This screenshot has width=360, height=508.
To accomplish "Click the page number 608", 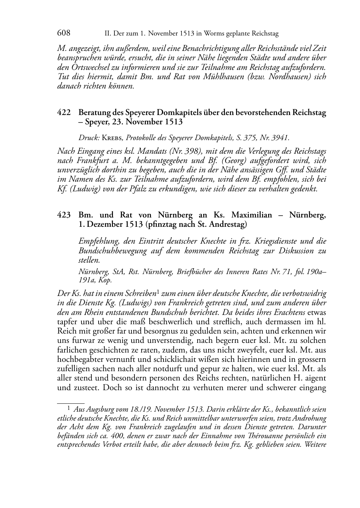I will click(x=63, y=33).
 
